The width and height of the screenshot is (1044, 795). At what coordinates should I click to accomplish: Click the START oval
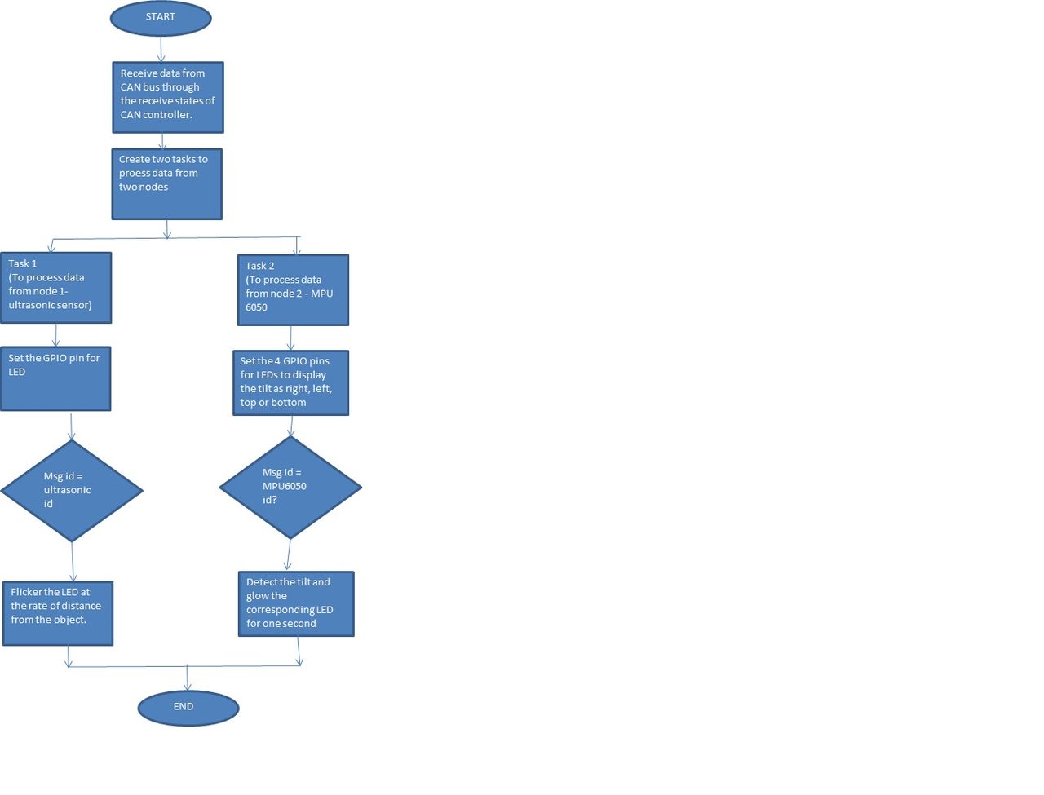tap(161, 18)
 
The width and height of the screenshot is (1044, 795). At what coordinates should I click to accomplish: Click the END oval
tap(188, 708)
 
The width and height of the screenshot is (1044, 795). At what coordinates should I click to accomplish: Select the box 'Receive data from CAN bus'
tap(168, 97)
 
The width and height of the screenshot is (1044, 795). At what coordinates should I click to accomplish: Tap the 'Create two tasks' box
tap(166, 184)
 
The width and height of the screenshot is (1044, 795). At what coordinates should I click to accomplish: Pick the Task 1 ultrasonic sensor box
tap(56, 288)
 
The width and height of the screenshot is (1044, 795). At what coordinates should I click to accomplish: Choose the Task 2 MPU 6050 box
tap(293, 290)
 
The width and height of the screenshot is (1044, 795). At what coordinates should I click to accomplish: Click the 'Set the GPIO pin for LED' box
tap(55, 378)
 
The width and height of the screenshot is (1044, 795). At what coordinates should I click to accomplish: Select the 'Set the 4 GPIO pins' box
tap(290, 382)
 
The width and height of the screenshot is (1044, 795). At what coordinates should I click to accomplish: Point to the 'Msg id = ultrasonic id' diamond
tap(71, 490)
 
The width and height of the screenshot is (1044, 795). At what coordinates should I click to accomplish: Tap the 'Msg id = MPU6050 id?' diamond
tap(290, 487)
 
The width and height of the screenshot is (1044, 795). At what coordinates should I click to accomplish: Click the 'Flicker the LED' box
tap(58, 613)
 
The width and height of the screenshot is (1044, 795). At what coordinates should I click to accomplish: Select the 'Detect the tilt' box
tap(296, 603)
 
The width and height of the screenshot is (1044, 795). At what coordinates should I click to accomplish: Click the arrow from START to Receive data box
tap(161, 49)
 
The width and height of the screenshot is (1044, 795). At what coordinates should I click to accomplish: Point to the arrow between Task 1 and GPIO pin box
tap(55, 335)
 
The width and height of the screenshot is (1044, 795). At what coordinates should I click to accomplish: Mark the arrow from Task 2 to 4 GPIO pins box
tap(290, 338)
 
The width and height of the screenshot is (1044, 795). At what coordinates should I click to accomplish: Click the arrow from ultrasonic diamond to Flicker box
tap(73, 562)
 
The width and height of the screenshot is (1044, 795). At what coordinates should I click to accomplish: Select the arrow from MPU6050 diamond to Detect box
tap(289, 554)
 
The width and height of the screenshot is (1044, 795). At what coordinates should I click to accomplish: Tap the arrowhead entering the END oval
tap(187, 686)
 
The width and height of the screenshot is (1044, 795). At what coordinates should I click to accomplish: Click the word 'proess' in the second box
tap(135, 173)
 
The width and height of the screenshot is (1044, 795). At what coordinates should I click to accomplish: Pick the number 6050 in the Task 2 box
tap(256, 307)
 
